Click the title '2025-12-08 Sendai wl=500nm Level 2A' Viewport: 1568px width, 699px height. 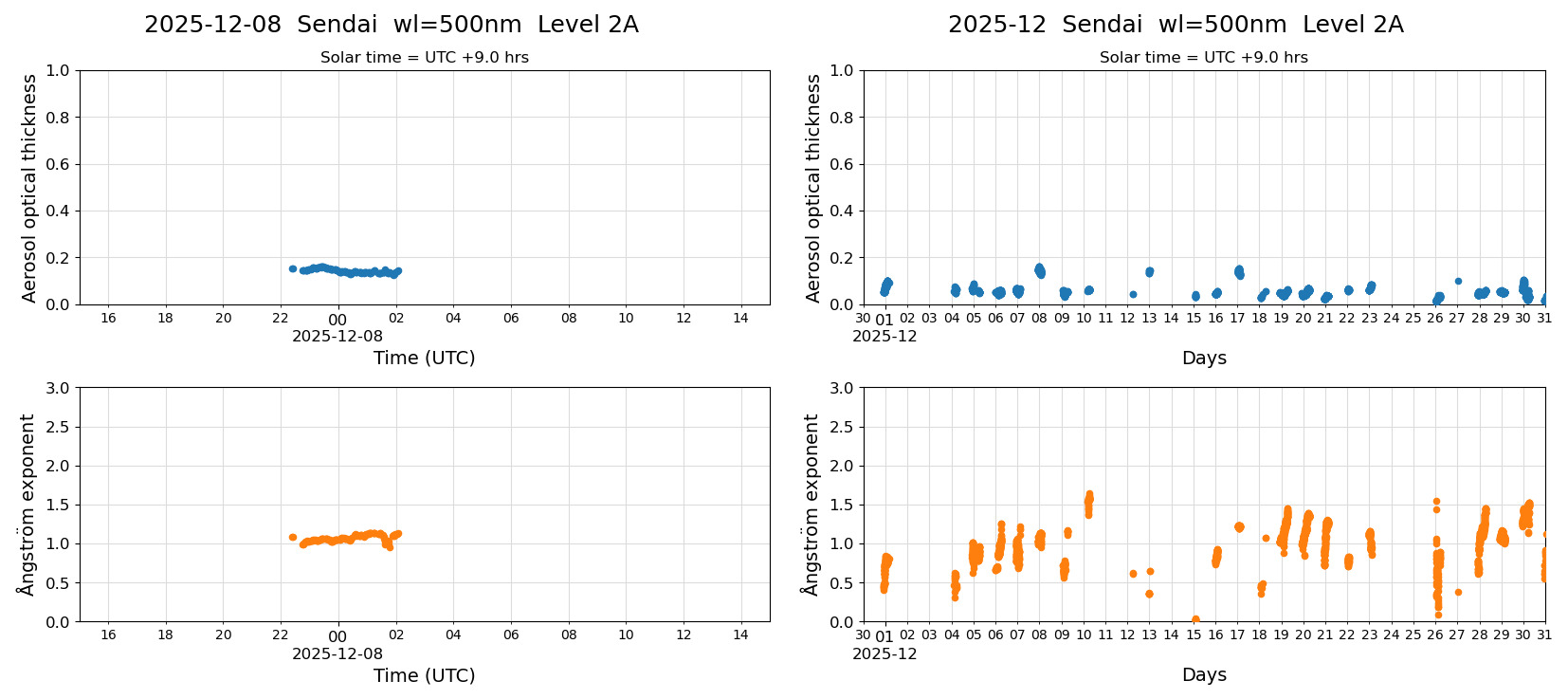click(391, 25)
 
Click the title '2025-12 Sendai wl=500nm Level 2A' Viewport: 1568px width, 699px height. click(1175, 25)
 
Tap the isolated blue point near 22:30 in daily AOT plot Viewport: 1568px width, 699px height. click(292, 268)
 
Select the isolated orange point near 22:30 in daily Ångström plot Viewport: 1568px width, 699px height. click(292, 537)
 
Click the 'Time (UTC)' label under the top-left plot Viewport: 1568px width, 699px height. click(424, 358)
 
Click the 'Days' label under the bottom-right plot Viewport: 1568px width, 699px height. click(1204, 674)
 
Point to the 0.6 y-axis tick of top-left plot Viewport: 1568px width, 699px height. click(59, 164)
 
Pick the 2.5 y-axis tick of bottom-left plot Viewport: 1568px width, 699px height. click(59, 427)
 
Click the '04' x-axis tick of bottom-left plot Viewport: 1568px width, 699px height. click(453, 635)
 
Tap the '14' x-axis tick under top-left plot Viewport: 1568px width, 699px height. click(740, 318)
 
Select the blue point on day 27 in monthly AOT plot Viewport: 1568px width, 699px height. click(1458, 281)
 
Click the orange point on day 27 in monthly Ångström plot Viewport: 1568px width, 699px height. click(1458, 592)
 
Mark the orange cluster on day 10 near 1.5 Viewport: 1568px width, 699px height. click(1088, 503)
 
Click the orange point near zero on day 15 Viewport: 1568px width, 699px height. click(1195, 619)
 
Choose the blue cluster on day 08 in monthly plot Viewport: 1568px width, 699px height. click(1040, 270)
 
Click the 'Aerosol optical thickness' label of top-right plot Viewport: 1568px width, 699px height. click(813, 188)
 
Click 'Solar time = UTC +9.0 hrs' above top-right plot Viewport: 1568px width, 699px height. click(1203, 57)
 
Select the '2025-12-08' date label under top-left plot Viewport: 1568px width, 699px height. click(337, 336)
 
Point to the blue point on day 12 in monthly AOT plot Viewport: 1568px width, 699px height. click(1133, 294)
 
